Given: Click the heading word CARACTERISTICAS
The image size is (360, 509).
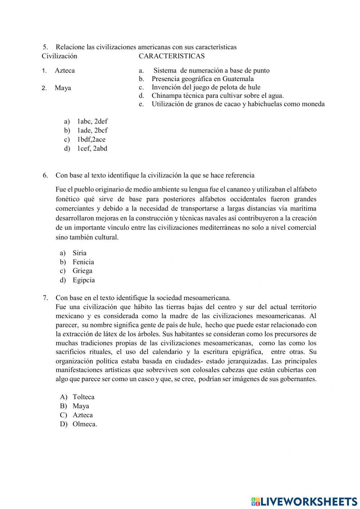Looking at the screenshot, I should coord(171,56).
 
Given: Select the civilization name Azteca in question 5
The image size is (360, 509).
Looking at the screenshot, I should coord(65,71).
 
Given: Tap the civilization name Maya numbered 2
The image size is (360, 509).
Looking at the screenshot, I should coord(63,88).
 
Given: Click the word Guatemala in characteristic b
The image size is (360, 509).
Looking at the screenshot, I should coord(238,79).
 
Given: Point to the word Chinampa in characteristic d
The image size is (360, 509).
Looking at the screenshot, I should coord(166,95).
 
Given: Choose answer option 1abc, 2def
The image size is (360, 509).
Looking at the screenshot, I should coord(92,121).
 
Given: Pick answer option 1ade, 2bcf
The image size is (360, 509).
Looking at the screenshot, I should coord(92,130).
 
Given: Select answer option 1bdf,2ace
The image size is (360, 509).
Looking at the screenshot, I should coord(91,139).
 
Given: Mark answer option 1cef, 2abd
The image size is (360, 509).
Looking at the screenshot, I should coord(92,148).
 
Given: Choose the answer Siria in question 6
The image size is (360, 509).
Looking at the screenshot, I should coord(79,253).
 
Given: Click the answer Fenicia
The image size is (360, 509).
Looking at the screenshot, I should coord(83,262).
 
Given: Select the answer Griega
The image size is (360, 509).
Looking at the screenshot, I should coord(82,271).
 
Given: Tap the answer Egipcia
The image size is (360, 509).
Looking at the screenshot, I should coord(84,280).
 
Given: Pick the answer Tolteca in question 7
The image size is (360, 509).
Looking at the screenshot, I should coord(84,397).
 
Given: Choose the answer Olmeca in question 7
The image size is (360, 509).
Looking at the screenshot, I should coord(85,424).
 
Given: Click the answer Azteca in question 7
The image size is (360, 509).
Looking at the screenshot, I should coord(82,415).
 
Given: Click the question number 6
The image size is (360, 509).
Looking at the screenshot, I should coord(45,175).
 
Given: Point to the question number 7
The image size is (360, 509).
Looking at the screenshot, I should coord(45,298).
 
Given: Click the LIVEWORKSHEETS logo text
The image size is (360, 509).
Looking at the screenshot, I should coord(309,501).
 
